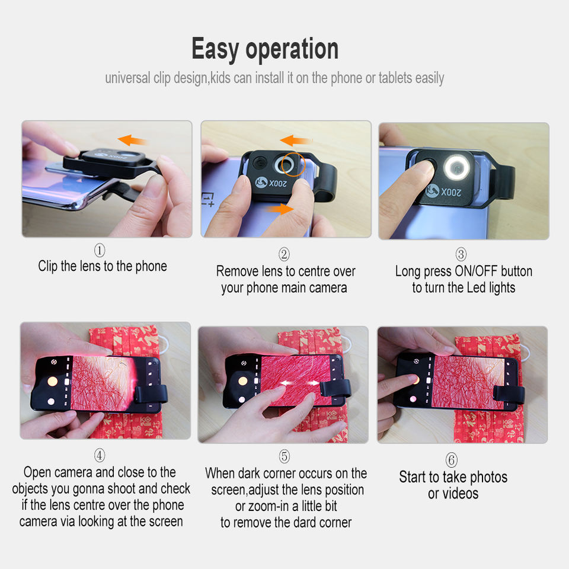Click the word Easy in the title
tap(215, 49)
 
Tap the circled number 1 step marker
tap(100, 250)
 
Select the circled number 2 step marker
tap(284, 254)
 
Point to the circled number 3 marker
tap(461, 254)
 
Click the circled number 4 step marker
tap(100, 455)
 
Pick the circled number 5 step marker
tap(284, 456)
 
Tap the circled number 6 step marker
tap(452, 460)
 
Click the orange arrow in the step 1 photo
tap(132, 140)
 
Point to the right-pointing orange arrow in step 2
tap(280, 209)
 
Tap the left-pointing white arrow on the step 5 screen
tap(287, 383)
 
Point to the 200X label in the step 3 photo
tap(451, 191)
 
